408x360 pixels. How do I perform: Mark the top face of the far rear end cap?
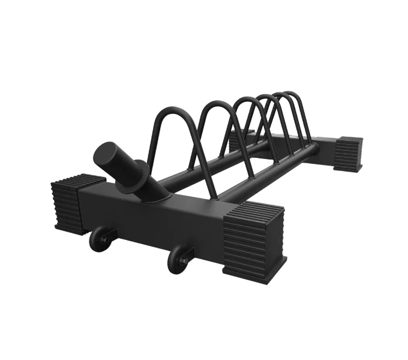click(x=348, y=139)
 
